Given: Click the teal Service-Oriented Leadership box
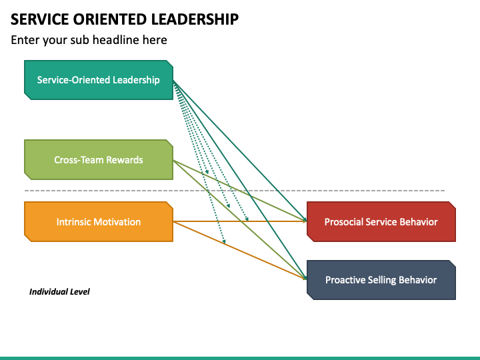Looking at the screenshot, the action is point(99,80).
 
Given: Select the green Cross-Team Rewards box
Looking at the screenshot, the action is point(99,160).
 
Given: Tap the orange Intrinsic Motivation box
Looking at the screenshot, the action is point(99,221).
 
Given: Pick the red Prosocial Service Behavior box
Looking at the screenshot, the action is point(381,221).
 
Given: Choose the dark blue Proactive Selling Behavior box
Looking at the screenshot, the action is point(381,280).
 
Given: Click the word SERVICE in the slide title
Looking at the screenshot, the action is point(40,19).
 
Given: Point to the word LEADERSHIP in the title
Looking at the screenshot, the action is point(195,19).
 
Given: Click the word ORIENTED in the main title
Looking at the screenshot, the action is point(110,19).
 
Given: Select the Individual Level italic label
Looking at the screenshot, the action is point(59,292).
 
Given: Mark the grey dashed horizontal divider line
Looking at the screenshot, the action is point(235,191).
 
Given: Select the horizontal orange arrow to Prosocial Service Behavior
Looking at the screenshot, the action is point(240,221).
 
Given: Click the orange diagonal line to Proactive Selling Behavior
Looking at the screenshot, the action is point(240,251).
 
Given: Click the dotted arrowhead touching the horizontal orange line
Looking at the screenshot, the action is point(247,219).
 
